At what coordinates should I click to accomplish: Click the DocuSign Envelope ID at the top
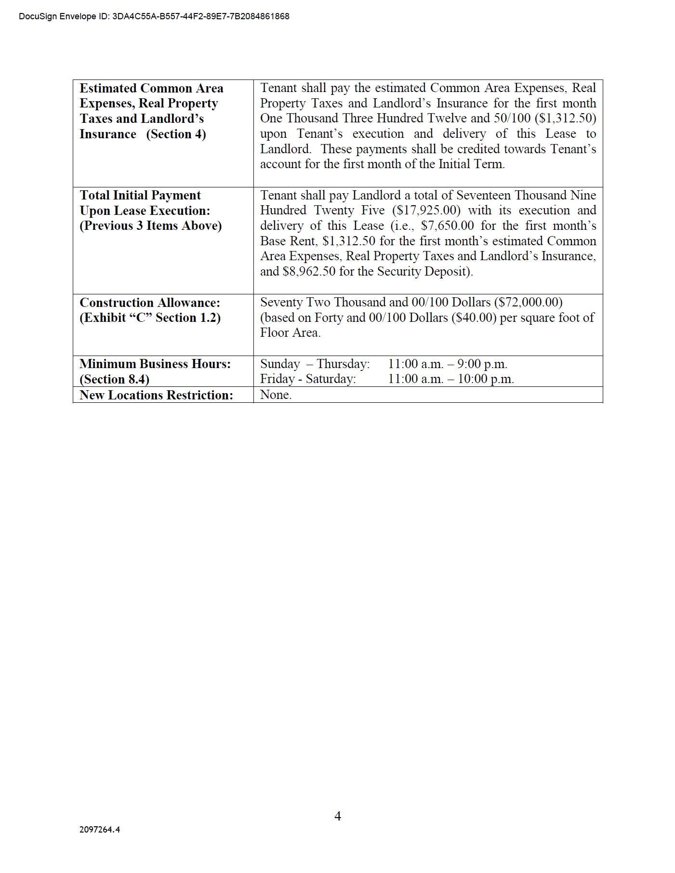[x=154, y=16]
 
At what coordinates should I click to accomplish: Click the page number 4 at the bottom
[x=338, y=816]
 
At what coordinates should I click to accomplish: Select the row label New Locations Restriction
[x=156, y=395]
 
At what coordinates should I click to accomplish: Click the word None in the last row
[x=276, y=395]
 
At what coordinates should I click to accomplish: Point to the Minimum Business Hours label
[x=155, y=364]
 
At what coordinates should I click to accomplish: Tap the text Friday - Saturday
[x=308, y=379]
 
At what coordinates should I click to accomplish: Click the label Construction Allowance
[x=150, y=303]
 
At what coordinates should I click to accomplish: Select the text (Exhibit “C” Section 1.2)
[x=150, y=317]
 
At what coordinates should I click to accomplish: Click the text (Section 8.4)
[x=114, y=379]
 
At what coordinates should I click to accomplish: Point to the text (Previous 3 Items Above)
[x=150, y=225]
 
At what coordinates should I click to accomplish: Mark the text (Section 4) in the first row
[x=176, y=134]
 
